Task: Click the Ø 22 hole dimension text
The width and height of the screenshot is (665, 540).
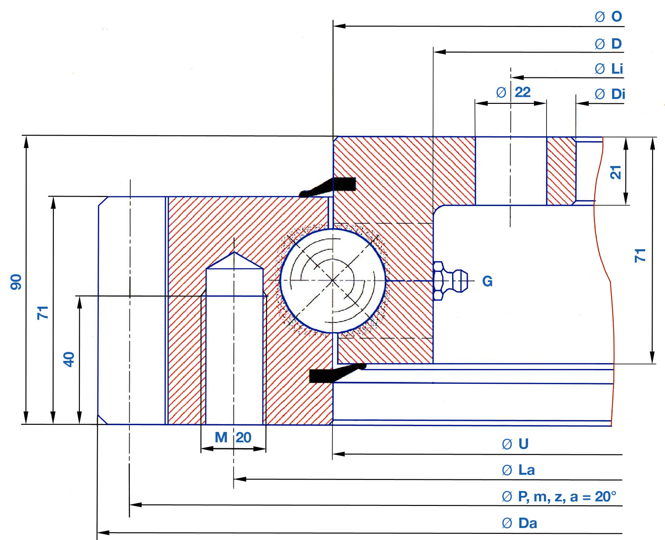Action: tap(513, 92)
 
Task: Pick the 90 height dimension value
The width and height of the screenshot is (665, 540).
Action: tap(16, 282)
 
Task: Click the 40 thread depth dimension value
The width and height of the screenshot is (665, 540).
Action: tap(69, 359)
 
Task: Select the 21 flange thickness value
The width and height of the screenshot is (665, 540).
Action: tap(615, 172)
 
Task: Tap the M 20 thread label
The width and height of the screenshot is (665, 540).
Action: tap(233, 437)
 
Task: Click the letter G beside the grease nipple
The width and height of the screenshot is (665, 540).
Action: tap(487, 281)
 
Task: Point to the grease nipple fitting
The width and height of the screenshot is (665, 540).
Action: tap(449, 281)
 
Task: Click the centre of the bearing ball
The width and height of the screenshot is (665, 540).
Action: tap(333, 280)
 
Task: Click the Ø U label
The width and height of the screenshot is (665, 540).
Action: tap(515, 444)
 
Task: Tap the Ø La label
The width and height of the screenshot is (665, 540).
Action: tap(518, 470)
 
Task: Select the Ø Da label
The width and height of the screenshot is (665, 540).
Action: tap(519, 523)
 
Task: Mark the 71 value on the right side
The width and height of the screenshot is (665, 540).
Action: tap(640, 255)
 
